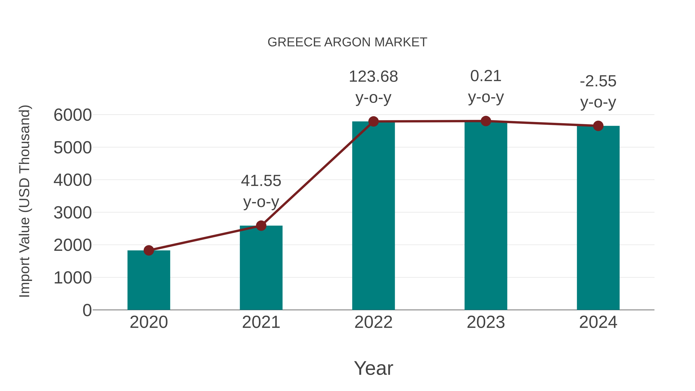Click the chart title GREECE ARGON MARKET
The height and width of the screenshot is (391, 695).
tap(347, 42)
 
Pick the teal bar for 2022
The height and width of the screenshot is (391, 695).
tap(373, 216)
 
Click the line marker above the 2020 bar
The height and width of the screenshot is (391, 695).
tap(149, 250)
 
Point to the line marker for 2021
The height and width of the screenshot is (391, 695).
tap(261, 226)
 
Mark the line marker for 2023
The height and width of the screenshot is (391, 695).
tap(486, 121)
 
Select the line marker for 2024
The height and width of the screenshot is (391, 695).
tap(598, 126)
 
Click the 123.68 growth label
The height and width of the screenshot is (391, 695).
tap(373, 77)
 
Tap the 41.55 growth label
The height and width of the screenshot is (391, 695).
tap(261, 181)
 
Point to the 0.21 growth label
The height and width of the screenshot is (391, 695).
tap(486, 76)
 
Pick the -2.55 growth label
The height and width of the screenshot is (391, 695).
tap(598, 81)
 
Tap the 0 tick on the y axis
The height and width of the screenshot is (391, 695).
tap(87, 310)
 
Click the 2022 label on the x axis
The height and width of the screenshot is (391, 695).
tap(373, 322)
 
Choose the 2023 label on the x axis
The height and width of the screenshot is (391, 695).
tap(486, 322)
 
